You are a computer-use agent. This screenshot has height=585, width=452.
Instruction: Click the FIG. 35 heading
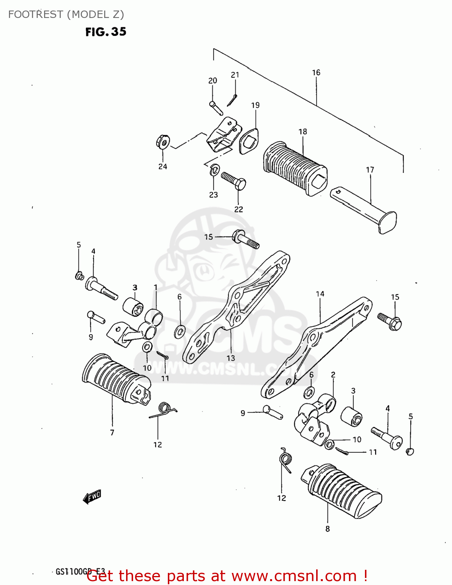106,32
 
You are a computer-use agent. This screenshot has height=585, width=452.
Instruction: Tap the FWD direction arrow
92,496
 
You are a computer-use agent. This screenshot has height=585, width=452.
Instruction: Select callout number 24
163,167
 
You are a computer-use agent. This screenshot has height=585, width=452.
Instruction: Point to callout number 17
370,170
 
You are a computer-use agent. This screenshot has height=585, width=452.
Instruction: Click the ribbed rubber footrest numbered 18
295,168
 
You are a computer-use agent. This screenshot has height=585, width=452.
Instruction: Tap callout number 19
255,105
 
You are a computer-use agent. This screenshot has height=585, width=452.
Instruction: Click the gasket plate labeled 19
249,141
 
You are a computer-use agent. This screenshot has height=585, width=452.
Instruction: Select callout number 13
231,358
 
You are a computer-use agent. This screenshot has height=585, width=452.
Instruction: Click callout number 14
320,294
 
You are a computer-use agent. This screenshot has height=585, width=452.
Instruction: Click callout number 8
327,529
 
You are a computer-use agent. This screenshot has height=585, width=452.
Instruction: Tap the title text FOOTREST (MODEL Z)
66,14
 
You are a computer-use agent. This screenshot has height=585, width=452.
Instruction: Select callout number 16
316,73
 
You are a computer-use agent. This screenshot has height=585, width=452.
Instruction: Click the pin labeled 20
216,108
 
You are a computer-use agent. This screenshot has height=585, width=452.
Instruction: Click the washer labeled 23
214,170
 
